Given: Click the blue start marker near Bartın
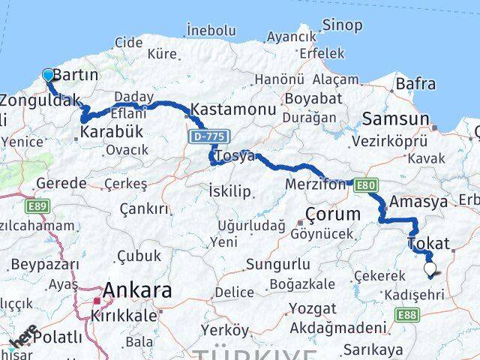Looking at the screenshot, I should point(48,75).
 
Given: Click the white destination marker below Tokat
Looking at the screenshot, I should point(430,268).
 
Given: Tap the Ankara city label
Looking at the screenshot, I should point(137,290).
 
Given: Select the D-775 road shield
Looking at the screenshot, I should point(207,136).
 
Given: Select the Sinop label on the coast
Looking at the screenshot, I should point(343,25).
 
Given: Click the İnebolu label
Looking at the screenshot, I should point(211,31).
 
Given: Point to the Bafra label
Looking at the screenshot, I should point(415,84).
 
